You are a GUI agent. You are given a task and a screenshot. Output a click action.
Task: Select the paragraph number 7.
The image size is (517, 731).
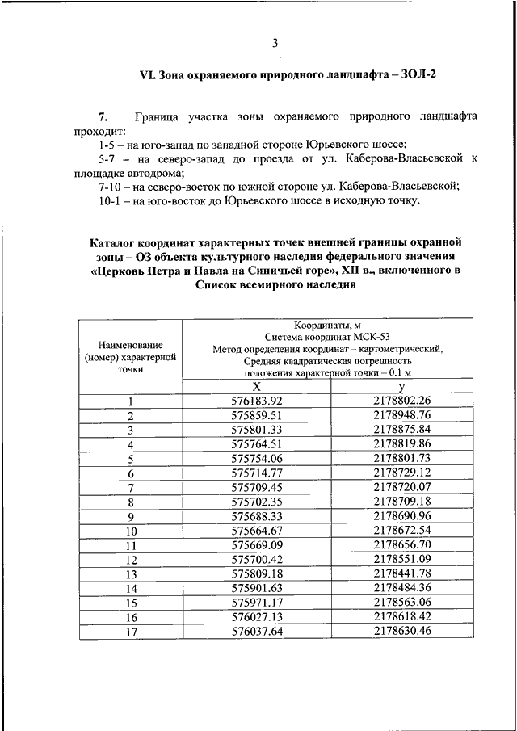[103, 116]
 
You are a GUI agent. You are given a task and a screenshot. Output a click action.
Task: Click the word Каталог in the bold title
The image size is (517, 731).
[114, 241]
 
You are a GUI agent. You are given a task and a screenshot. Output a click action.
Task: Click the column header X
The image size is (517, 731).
[257, 387]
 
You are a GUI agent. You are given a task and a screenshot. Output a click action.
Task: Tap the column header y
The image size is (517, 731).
[401, 387]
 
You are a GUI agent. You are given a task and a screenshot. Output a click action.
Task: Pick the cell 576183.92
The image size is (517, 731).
[257, 401]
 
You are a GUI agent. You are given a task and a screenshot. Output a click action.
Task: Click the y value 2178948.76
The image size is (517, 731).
[402, 415]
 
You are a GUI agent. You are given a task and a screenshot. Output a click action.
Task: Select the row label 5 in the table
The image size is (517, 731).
[129, 459]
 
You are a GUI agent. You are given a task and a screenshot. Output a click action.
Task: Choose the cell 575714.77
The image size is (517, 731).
[257, 473]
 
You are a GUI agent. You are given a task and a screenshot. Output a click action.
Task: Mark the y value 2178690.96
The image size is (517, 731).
[402, 516]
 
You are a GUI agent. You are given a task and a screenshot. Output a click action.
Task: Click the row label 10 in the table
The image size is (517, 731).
[129, 531]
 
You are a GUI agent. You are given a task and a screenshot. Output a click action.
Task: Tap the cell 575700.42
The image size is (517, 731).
[257, 559]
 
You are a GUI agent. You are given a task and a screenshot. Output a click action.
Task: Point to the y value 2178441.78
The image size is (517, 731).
[402, 573]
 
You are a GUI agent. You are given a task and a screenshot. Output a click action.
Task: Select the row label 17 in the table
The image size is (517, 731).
[129, 632]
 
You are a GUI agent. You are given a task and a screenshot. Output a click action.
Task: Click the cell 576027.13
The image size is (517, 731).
[257, 617]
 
